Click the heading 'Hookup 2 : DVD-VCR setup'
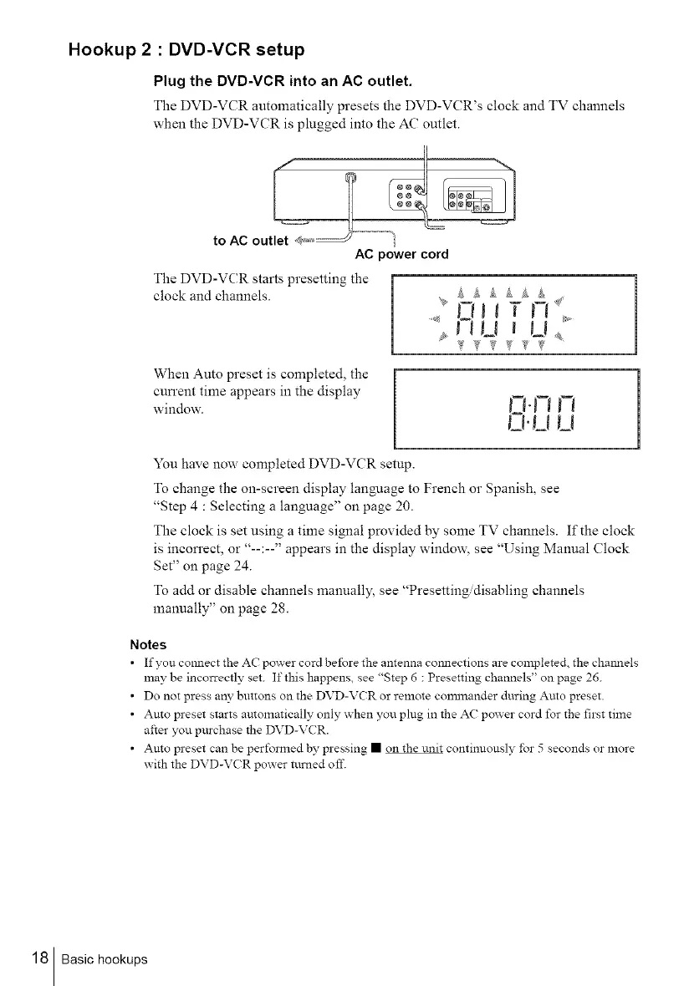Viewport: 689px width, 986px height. click(186, 49)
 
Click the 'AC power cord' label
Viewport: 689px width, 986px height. click(401, 253)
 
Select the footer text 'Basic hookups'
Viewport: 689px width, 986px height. click(105, 959)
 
